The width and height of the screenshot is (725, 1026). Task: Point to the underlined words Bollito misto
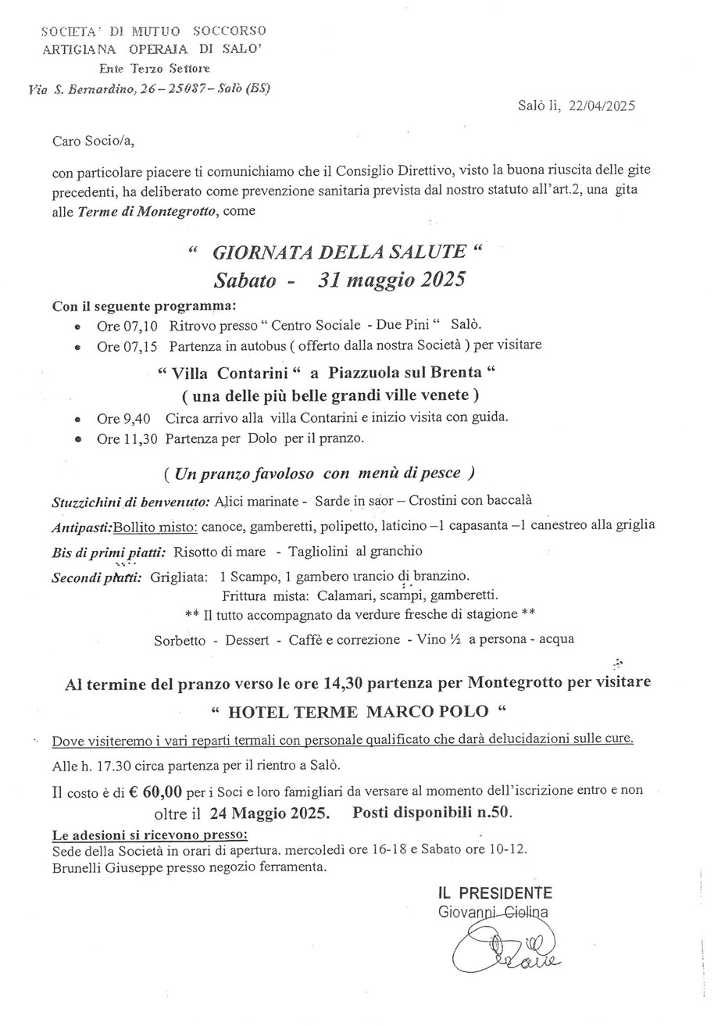pos(155,525)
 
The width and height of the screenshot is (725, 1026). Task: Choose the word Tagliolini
pos(320,552)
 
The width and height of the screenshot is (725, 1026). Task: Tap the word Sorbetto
pos(180,639)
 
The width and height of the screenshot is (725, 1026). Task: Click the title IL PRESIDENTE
pos(495,893)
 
